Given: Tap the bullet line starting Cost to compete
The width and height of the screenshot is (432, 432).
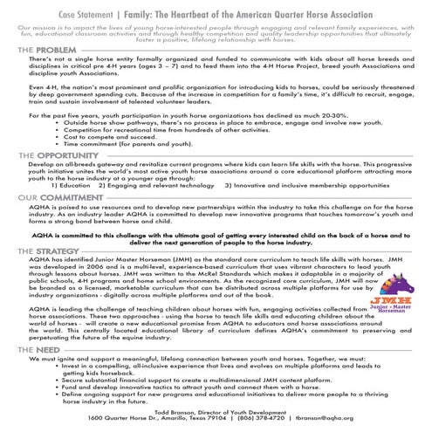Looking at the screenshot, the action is coord(115,136).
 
